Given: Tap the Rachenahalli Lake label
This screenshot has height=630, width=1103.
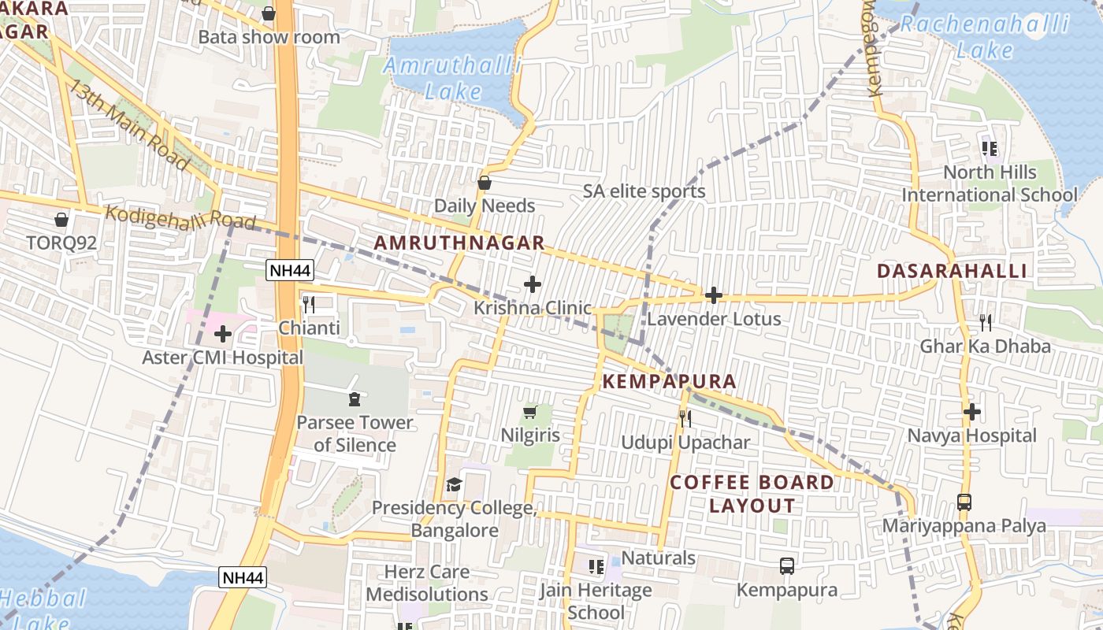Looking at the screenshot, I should pyautogui.click(x=985, y=37).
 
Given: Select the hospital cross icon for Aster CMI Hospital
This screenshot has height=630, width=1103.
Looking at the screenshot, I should pyautogui.click(x=223, y=334).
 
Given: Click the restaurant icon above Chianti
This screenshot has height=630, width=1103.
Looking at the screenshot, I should pyautogui.click(x=309, y=305).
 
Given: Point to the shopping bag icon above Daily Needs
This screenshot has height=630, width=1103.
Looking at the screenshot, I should pyautogui.click(x=485, y=183).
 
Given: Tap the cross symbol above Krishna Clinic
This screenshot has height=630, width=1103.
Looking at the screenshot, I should pyautogui.click(x=533, y=283).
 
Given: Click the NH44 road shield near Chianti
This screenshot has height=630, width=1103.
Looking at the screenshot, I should pyautogui.click(x=290, y=271).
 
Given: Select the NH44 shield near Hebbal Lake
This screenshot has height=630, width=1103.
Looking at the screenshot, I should pyautogui.click(x=243, y=577).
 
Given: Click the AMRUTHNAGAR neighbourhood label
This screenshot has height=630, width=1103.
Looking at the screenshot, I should pyautogui.click(x=459, y=243).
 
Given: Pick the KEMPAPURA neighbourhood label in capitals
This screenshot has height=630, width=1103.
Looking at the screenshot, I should pyautogui.click(x=670, y=382).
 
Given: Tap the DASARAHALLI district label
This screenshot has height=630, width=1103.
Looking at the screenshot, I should pyautogui.click(x=952, y=271).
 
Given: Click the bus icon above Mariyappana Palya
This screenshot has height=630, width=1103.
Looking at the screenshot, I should pyautogui.click(x=964, y=502).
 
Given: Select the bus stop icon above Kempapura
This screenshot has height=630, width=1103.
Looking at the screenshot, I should pyautogui.click(x=786, y=565).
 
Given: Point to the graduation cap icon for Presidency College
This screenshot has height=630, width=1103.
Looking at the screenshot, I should pyautogui.click(x=454, y=484).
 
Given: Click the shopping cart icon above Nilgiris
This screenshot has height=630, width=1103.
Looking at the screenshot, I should pyautogui.click(x=530, y=412).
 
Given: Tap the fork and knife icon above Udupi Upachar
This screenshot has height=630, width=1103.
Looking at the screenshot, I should pyautogui.click(x=685, y=418).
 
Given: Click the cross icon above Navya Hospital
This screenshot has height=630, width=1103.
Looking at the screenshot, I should pyautogui.click(x=972, y=411).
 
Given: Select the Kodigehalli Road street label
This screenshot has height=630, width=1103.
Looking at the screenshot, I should pyautogui.click(x=180, y=218).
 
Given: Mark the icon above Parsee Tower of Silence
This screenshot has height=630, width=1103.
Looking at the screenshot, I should pyautogui.click(x=354, y=399).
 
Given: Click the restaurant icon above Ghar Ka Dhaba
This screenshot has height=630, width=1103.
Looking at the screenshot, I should pyautogui.click(x=985, y=322).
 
